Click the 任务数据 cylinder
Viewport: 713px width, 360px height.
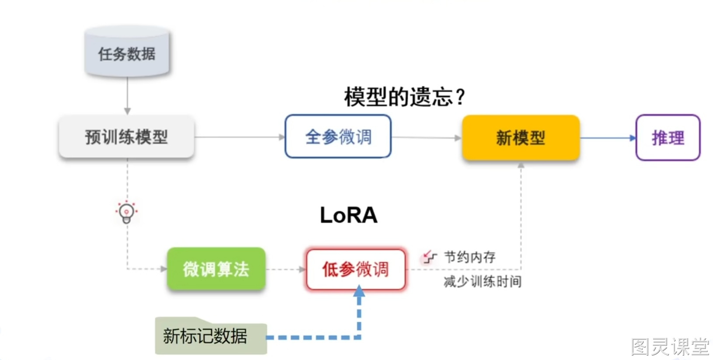click(127, 51)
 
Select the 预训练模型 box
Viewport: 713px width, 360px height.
click(127, 137)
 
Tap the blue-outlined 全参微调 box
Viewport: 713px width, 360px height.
click(338, 136)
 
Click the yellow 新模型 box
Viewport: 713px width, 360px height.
click(521, 138)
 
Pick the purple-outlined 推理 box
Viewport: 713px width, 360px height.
click(668, 138)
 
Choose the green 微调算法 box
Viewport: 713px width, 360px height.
click(216, 269)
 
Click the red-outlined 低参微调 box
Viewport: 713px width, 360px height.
click(356, 269)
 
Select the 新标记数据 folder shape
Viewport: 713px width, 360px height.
click(211, 336)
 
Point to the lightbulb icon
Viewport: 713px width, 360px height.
click(126, 213)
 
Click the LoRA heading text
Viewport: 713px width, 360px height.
click(349, 215)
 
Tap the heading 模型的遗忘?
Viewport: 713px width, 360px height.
click(404, 97)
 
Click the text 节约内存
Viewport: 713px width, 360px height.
click(470, 257)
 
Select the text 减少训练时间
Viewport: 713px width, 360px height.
click(483, 282)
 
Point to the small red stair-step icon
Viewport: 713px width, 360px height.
click(429, 257)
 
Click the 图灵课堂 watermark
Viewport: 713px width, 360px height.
click(670, 346)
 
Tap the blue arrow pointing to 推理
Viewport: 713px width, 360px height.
click(608, 138)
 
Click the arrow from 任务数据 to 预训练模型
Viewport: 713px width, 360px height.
click(127, 95)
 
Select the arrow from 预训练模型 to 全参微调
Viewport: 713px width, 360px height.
click(240, 137)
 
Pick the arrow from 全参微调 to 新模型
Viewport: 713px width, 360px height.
click(427, 138)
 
